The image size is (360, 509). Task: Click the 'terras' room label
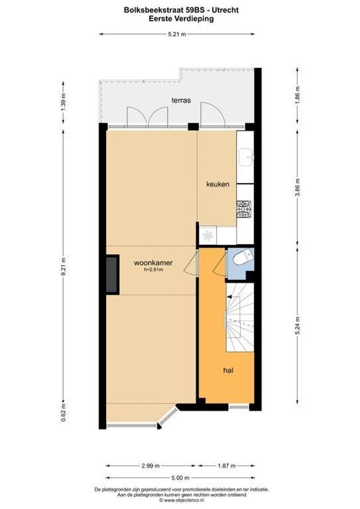tap(181, 100)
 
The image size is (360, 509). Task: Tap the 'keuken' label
tap(218, 184)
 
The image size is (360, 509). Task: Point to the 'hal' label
tap(229, 370)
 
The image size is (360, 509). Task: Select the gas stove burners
tap(244, 209)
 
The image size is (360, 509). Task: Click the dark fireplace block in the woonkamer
tap(112, 275)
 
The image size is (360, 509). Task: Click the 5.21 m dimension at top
tap(177, 34)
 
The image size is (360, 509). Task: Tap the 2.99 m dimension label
tap(150, 466)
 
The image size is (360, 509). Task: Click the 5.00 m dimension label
tap(180, 478)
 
